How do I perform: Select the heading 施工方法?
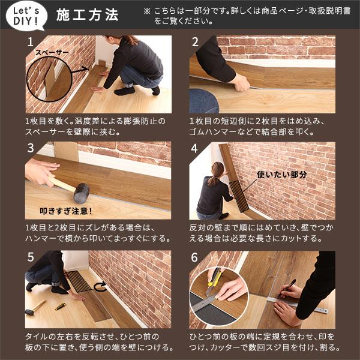tap(87, 15)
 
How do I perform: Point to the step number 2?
tap(195, 43)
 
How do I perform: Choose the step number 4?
tap(195, 149)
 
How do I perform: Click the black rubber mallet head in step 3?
tap(81, 191)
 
